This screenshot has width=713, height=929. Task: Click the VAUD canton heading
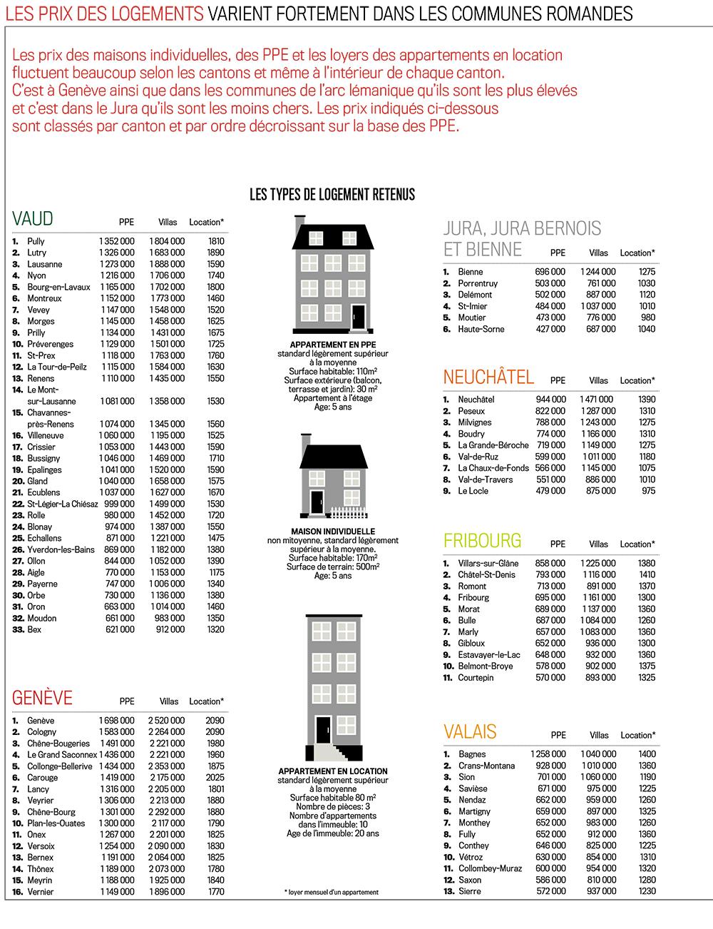click(33, 218)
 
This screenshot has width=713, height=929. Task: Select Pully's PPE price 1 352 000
click(116, 241)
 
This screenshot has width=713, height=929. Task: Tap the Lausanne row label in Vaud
click(44, 264)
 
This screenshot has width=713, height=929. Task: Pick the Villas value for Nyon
click(167, 275)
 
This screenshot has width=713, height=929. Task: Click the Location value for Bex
click(215, 629)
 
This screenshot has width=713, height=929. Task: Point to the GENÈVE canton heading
click(43, 698)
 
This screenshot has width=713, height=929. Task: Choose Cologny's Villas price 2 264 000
click(166, 732)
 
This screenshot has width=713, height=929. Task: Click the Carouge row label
click(43, 778)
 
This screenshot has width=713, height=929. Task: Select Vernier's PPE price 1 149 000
click(116, 892)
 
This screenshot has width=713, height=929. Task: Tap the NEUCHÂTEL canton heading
click(488, 377)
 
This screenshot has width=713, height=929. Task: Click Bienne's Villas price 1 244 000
click(597, 272)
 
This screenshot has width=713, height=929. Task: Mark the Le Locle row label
click(472, 491)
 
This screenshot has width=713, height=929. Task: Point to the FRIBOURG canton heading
click(482, 541)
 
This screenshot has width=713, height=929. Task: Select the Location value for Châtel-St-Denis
click(647, 574)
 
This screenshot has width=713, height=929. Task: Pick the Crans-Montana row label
click(486, 766)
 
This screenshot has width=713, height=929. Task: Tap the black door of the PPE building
click(358, 316)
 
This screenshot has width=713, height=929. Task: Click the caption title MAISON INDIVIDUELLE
click(333, 532)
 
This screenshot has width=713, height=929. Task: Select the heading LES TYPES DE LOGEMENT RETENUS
click(332, 195)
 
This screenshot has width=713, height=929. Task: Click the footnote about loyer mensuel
click(332, 892)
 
